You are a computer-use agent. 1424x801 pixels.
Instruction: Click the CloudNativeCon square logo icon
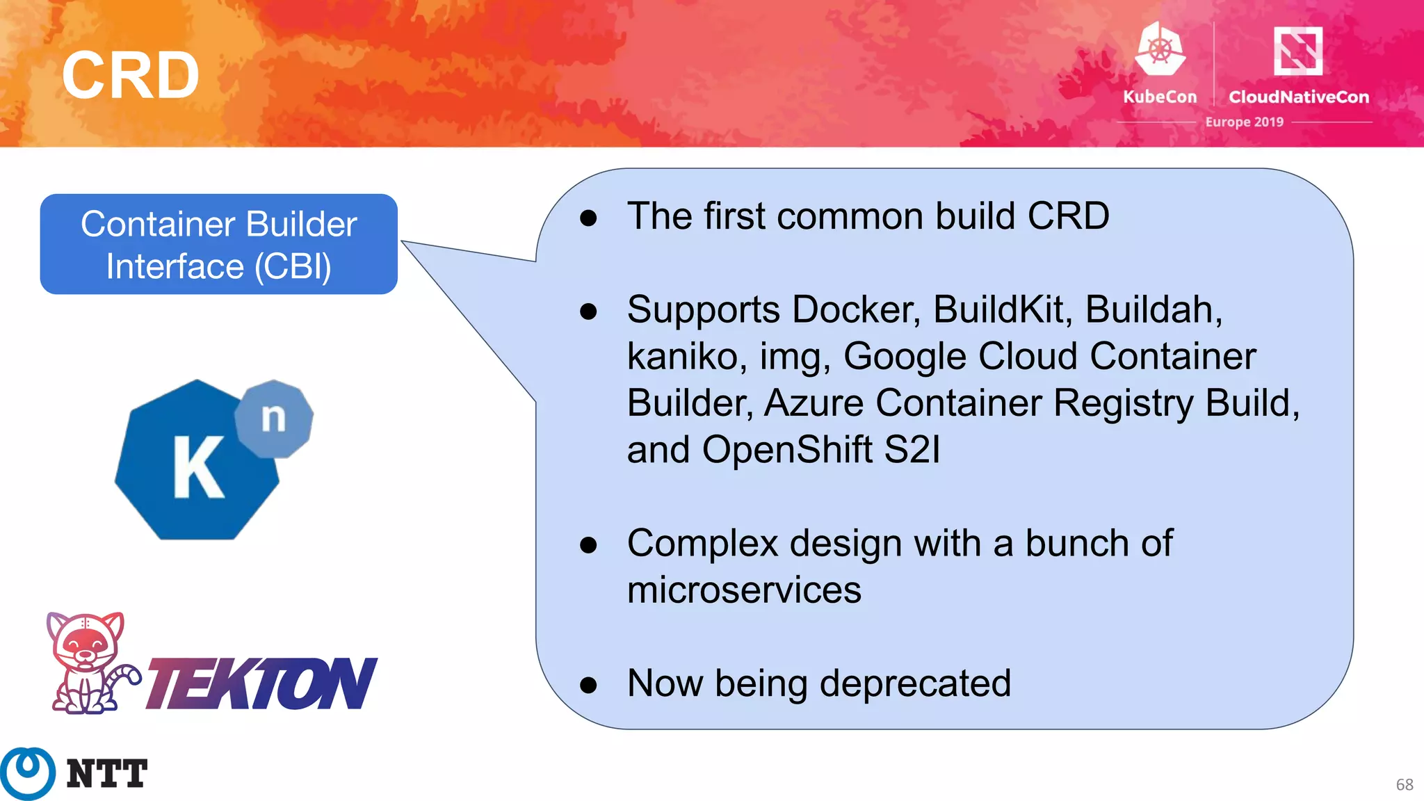(x=1297, y=50)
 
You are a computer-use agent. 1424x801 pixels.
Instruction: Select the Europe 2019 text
(x=1244, y=122)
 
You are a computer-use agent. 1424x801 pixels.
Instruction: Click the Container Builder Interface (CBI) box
(x=218, y=244)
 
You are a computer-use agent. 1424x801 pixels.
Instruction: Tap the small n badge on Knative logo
(x=274, y=419)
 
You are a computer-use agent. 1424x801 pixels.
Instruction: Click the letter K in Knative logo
(x=197, y=467)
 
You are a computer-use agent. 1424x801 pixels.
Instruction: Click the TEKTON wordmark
(x=261, y=683)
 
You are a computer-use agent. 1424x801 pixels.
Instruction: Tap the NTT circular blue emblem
(x=28, y=772)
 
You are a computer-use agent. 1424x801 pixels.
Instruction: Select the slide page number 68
(x=1404, y=784)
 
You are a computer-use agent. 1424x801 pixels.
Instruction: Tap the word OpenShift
(x=786, y=450)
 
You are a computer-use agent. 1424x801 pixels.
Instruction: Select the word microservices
(x=744, y=590)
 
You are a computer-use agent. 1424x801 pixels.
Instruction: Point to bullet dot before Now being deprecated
(x=588, y=685)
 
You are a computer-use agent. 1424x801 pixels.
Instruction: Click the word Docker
(x=856, y=309)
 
